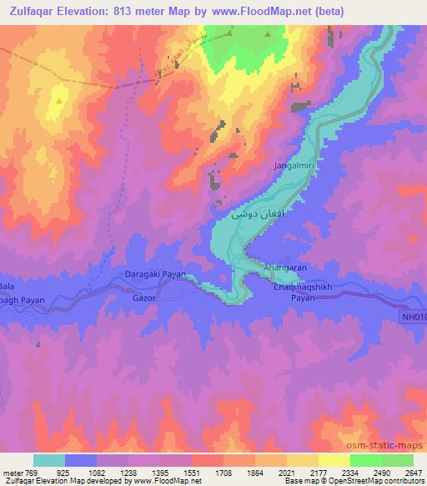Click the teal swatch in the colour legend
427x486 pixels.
point(48,460)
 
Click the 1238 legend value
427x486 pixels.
point(127,473)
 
